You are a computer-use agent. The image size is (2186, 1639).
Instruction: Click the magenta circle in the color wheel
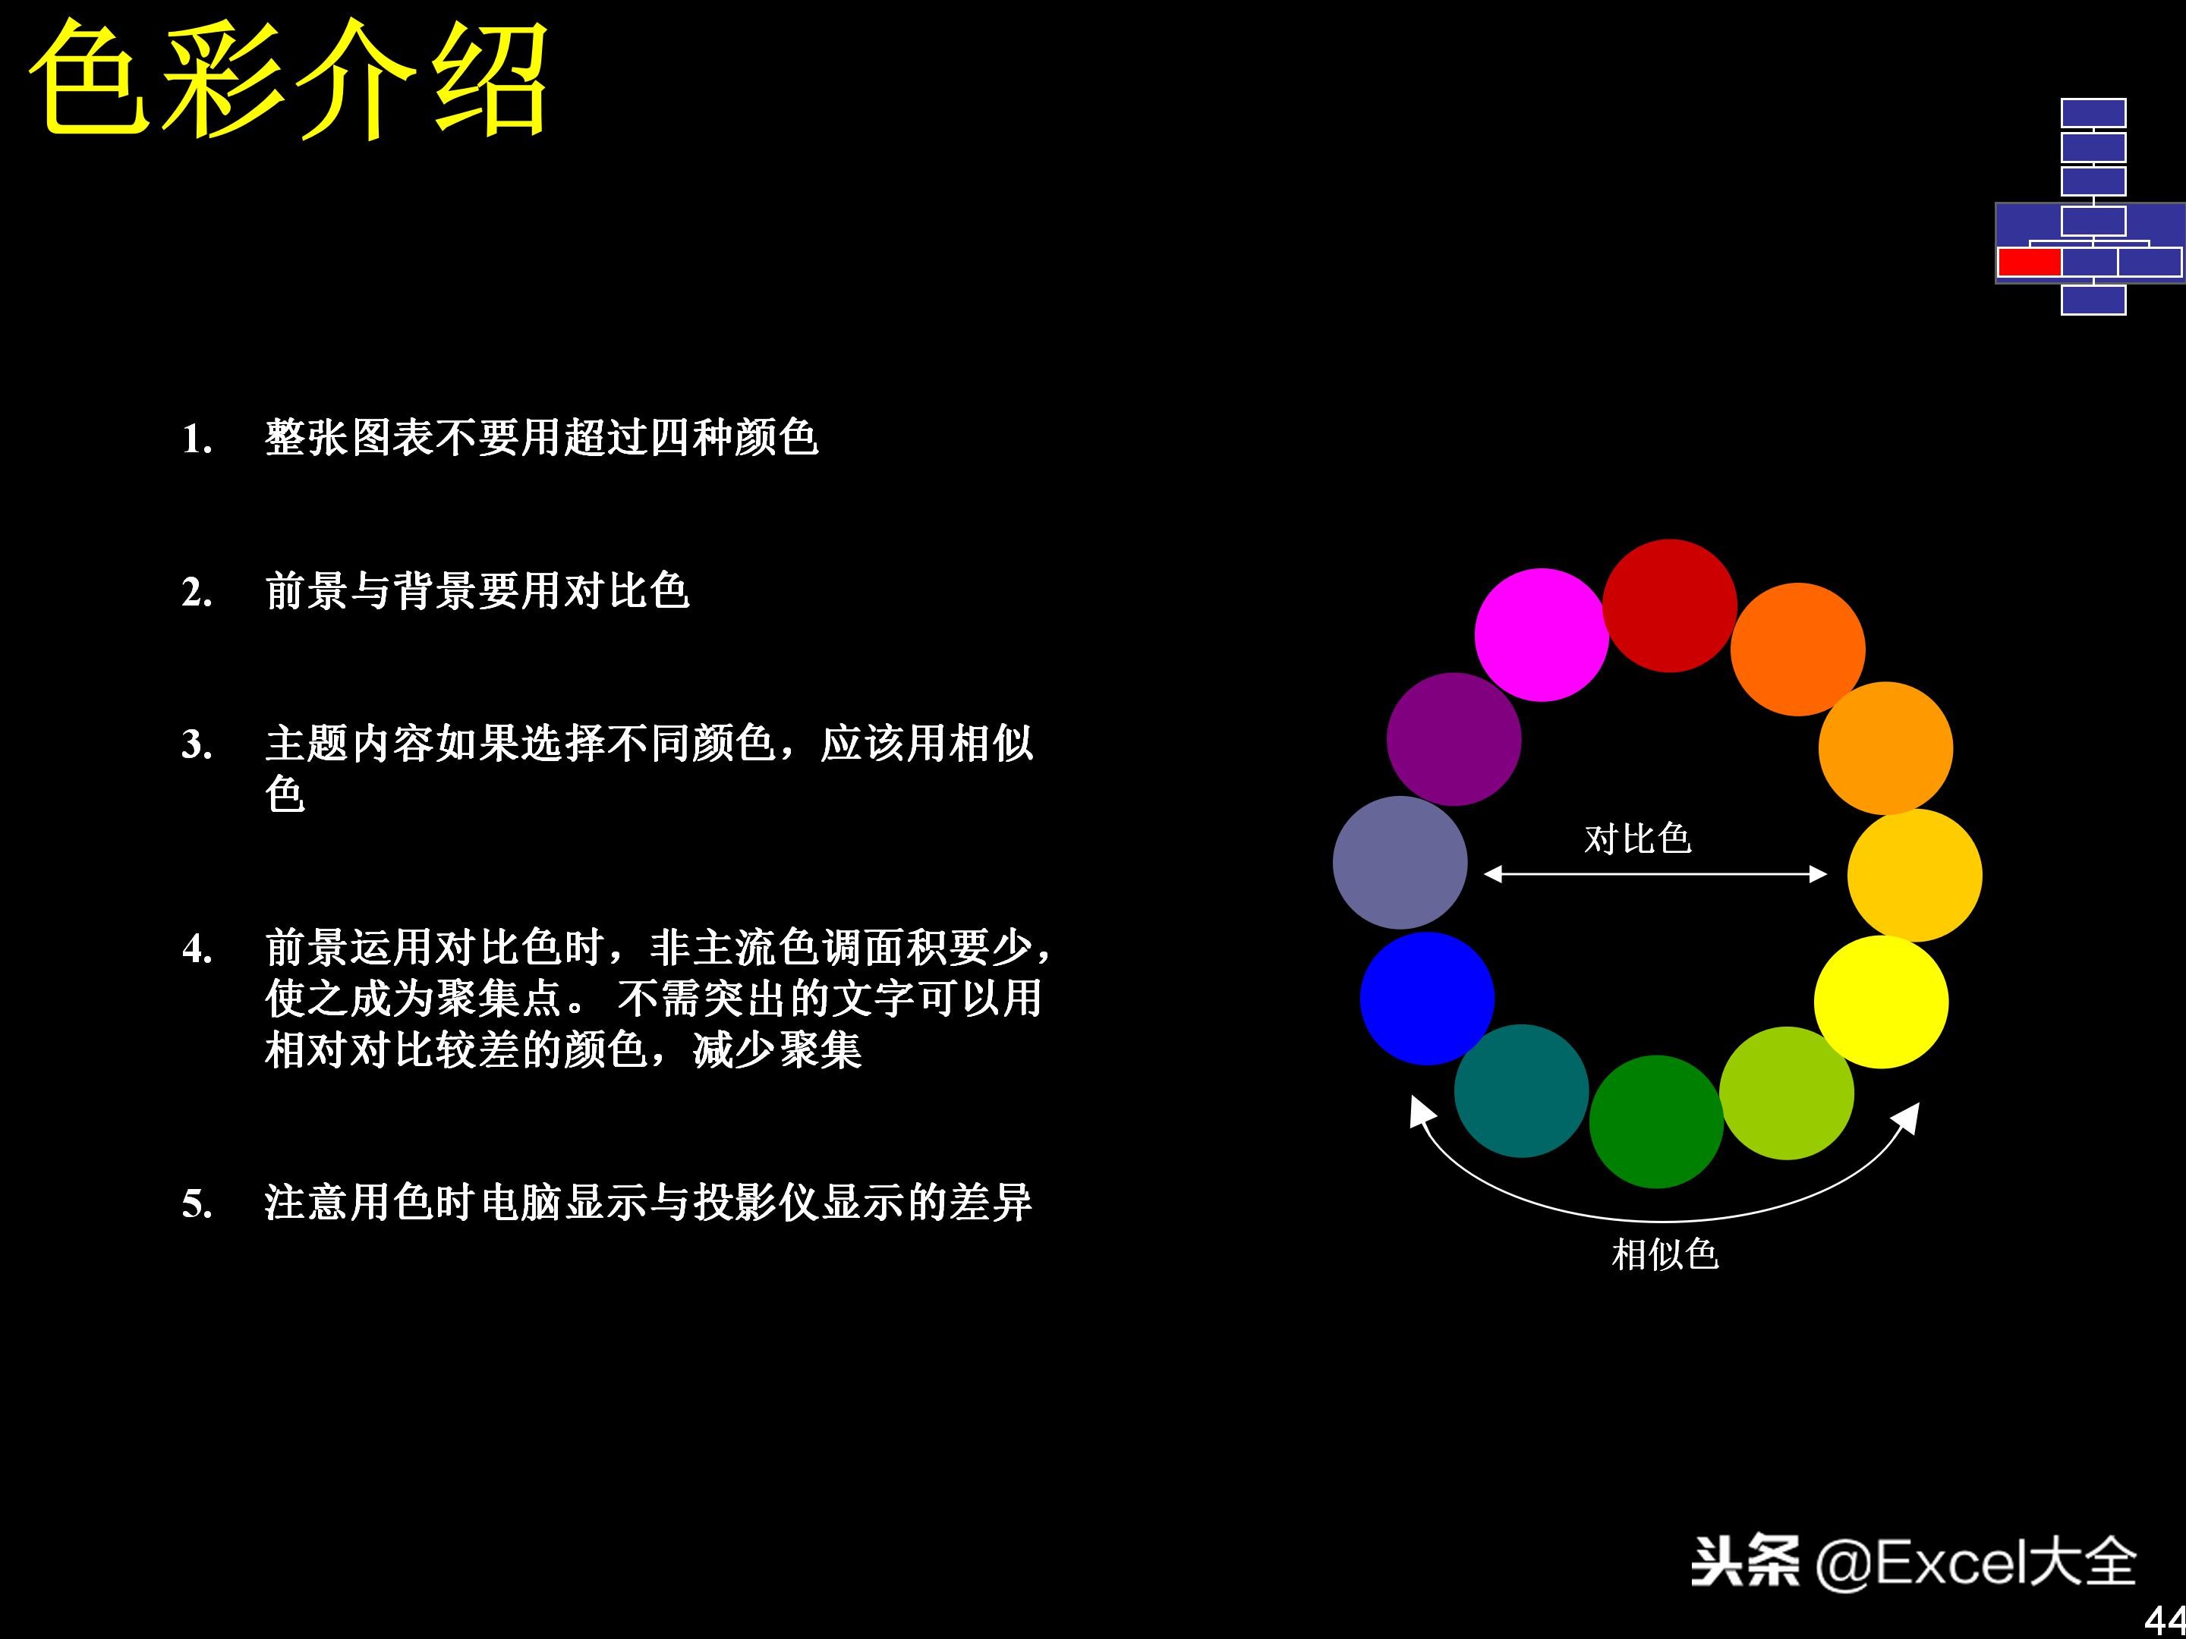click(1542, 634)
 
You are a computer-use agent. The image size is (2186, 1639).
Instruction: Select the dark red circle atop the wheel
click(1669, 606)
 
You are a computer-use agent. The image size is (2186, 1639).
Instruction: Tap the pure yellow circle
click(1881, 1002)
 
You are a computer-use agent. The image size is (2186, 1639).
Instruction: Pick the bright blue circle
click(1427, 998)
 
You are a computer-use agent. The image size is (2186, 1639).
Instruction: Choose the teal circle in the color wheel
click(1521, 1090)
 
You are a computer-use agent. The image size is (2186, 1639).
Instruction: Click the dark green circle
click(1656, 1122)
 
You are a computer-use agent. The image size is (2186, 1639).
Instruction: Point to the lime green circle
click(1787, 1093)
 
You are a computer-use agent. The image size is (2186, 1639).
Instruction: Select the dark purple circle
click(1454, 739)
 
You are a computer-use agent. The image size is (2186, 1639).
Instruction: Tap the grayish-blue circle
click(1400, 863)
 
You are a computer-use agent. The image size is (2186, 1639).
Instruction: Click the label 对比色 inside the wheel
click(1637, 838)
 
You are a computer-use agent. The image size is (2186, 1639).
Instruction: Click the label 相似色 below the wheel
click(1665, 1255)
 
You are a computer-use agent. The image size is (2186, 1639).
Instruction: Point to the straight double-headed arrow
click(1655, 873)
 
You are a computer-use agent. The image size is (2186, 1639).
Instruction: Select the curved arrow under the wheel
click(1665, 1221)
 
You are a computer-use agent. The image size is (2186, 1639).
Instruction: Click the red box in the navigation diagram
click(2029, 262)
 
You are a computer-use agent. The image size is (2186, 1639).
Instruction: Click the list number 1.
click(197, 439)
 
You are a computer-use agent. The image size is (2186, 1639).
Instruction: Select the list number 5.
click(197, 1203)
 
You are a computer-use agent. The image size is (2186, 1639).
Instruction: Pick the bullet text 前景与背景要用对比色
click(477, 591)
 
